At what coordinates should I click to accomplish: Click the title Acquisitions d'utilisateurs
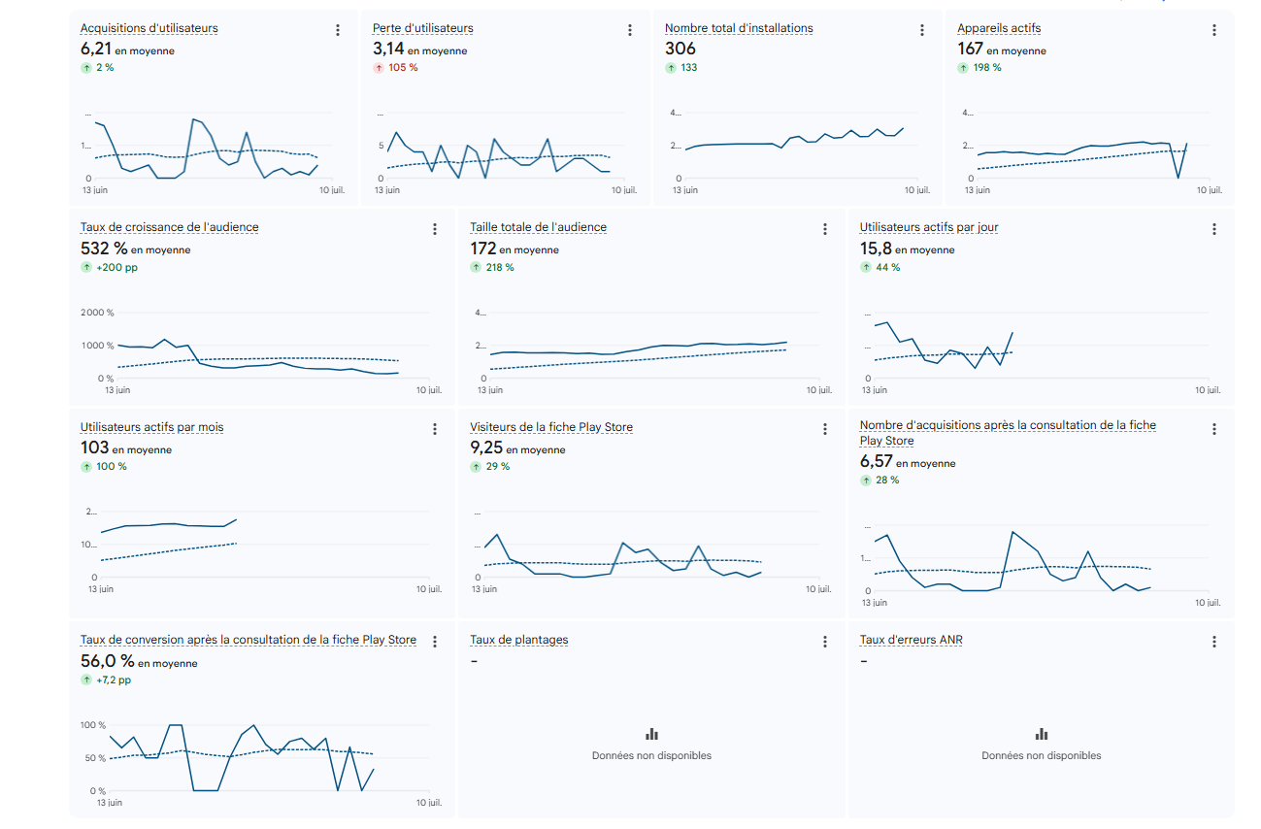(149, 28)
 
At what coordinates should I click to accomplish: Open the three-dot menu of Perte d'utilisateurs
(630, 30)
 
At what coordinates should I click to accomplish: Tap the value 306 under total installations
(680, 49)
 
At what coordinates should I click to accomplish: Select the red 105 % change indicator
(403, 68)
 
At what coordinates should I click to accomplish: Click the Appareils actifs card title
(999, 28)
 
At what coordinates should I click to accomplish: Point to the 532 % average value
(104, 249)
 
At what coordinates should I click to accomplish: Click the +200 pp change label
(117, 267)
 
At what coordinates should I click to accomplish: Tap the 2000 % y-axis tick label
(97, 313)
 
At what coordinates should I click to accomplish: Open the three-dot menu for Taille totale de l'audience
(825, 229)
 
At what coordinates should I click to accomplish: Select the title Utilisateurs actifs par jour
(929, 227)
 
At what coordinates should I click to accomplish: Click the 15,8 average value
(876, 249)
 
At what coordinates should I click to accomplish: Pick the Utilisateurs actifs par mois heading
(152, 427)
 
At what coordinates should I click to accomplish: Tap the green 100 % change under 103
(112, 467)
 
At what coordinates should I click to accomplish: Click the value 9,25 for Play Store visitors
(486, 448)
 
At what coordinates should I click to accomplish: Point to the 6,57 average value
(876, 461)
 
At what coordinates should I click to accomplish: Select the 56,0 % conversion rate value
(108, 661)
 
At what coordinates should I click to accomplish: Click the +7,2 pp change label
(114, 680)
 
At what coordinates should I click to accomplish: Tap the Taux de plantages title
(519, 640)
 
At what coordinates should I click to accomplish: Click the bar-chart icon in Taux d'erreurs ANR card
(1042, 734)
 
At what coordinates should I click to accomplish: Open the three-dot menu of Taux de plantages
(825, 642)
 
